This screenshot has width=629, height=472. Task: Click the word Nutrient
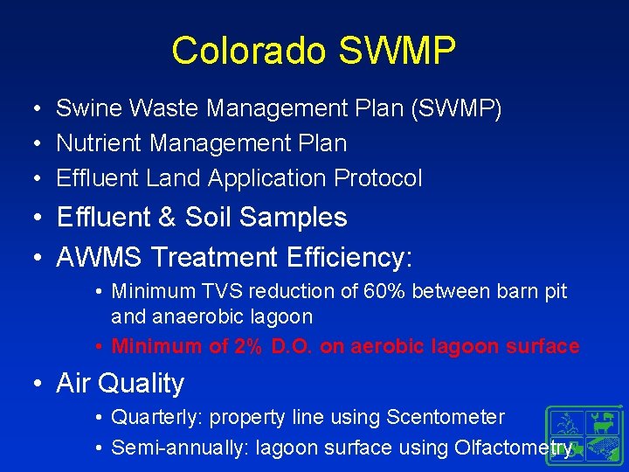[99, 143]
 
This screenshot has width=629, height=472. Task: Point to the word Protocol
[378, 178]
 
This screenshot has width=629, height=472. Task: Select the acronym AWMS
[100, 257]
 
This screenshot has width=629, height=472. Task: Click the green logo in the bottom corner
[584, 434]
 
